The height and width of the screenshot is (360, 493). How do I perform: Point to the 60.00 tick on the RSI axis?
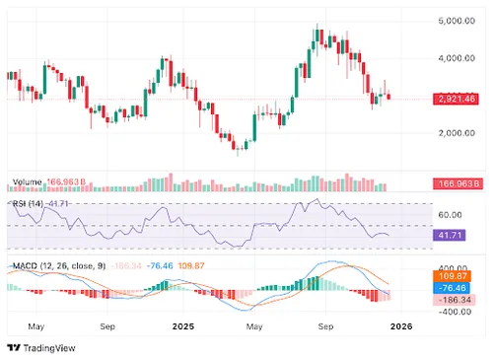[451, 213]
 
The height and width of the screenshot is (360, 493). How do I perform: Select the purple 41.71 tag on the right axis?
[451, 236]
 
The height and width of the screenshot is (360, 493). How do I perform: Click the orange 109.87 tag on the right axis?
[452, 277]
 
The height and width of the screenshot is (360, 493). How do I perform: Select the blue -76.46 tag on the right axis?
[452, 288]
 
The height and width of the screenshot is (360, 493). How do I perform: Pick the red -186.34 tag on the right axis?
[452, 299]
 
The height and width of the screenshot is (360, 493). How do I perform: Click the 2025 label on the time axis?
[182, 324]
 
